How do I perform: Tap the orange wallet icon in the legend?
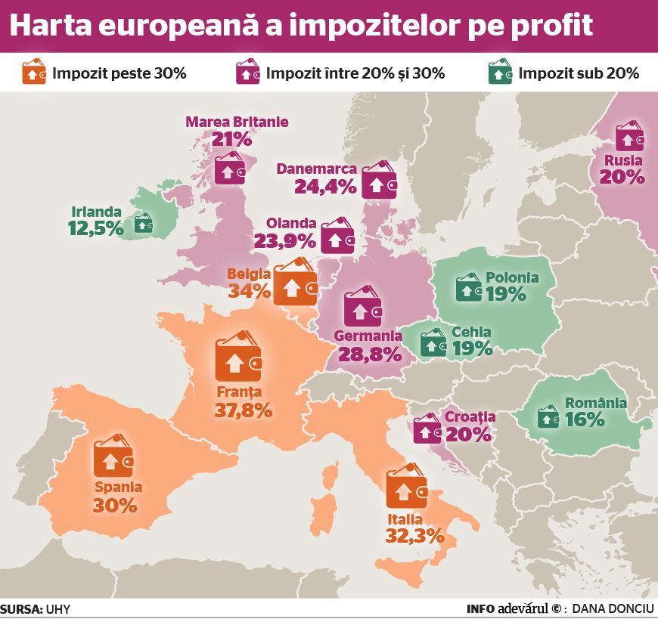coord(33,71)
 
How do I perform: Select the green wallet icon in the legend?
coord(500,71)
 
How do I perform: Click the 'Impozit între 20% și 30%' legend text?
coord(355,73)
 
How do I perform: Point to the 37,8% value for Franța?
coord(244,410)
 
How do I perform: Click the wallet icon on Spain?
coord(113,456)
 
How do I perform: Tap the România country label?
coord(596,403)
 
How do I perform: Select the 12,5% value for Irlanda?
coord(96,228)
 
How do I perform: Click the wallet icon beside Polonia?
coord(468,287)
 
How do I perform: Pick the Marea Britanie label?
coord(237,122)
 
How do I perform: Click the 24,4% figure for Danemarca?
coord(326,187)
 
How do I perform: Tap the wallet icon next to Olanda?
coord(338,236)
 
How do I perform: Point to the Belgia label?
coord(249,274)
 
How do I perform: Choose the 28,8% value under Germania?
coord(370,354)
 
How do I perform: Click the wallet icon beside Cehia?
coord(433,342)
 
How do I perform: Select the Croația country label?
coord(470,417)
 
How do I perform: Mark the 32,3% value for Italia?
coord(414,536)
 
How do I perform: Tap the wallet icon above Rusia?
coord(629,136)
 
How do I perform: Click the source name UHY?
coord(58,609)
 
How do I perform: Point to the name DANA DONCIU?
coord(613,609)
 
